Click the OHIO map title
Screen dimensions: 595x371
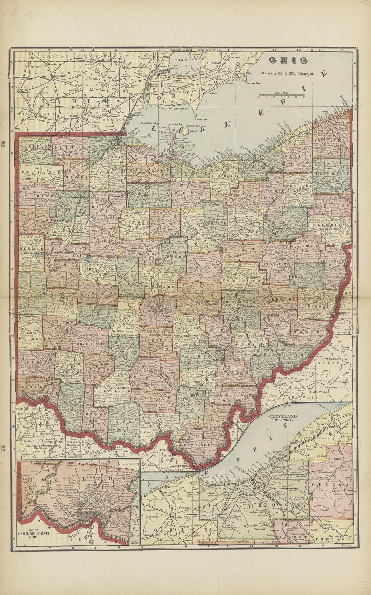pyautogui.click(x=288, y=60)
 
